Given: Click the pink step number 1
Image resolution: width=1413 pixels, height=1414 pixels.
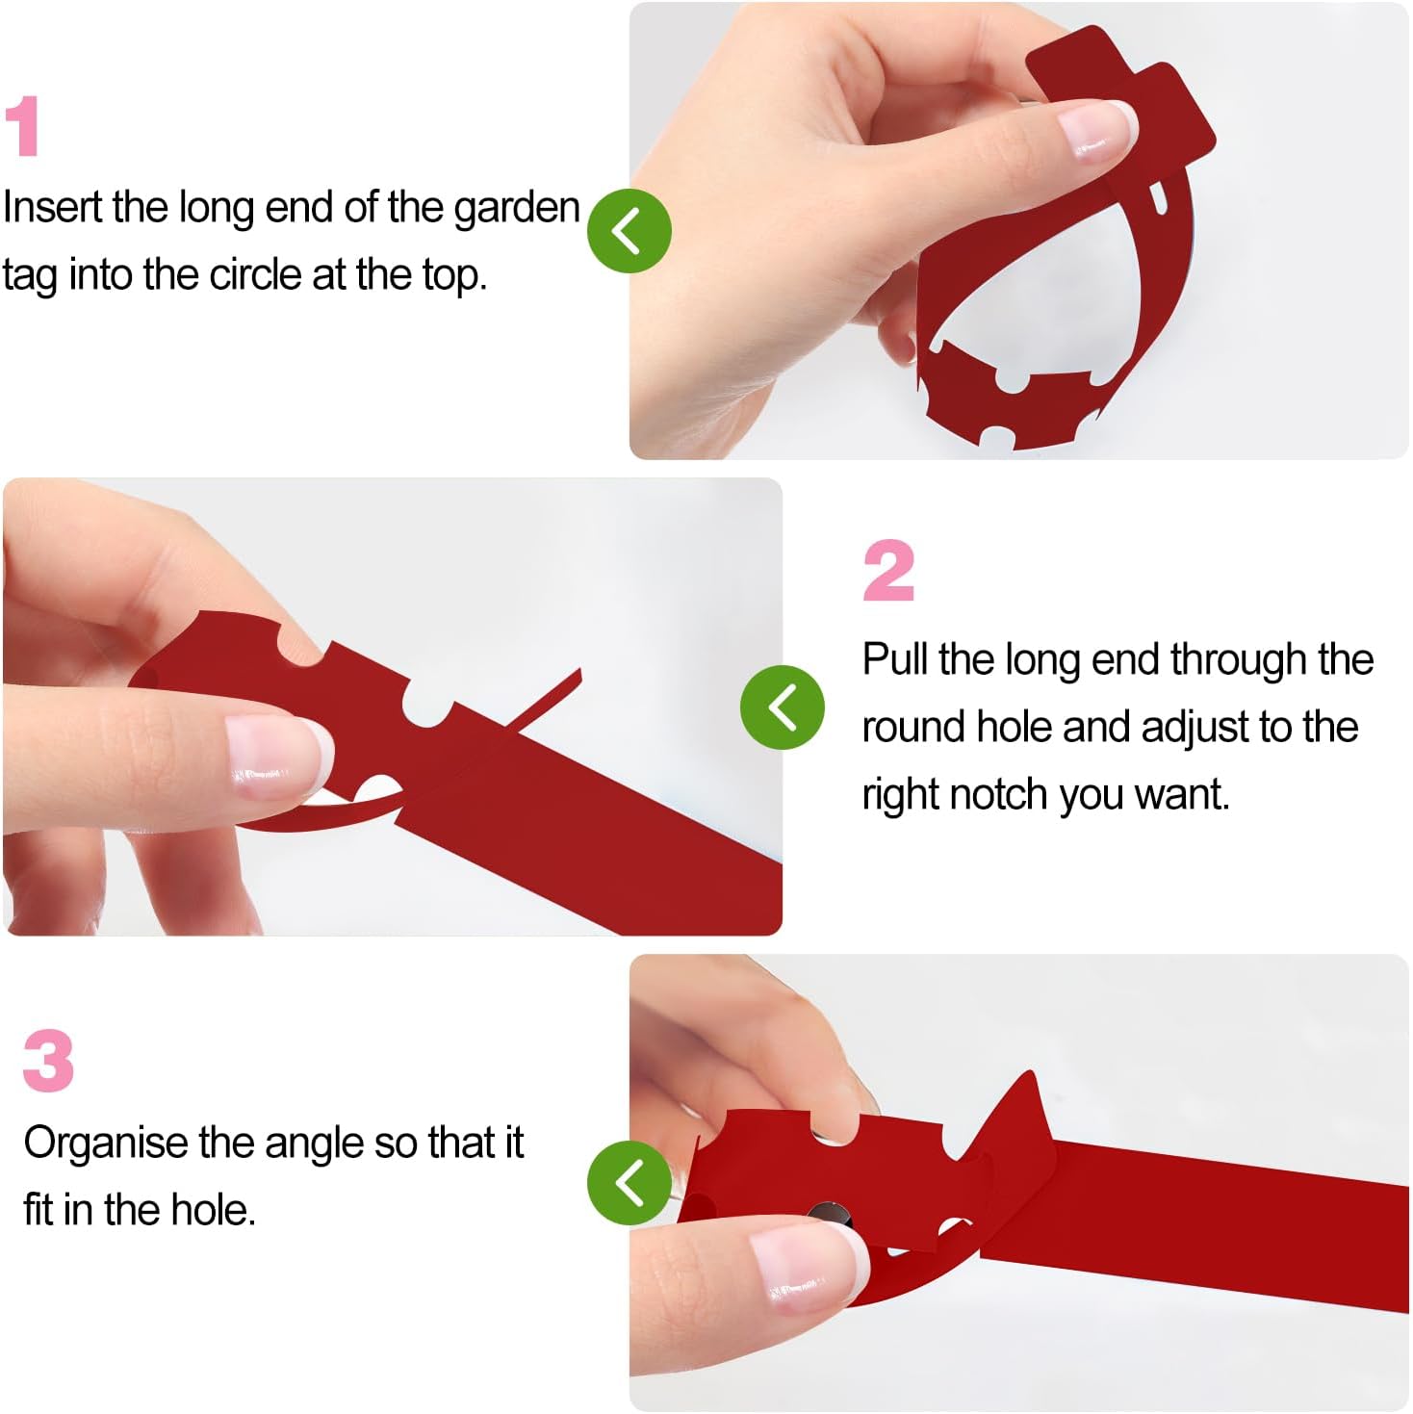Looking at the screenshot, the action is (x=22, y=125).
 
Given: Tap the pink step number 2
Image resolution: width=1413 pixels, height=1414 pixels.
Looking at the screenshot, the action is (x=888, y=570).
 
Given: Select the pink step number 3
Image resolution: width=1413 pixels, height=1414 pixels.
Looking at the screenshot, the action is (x=48, y=1061).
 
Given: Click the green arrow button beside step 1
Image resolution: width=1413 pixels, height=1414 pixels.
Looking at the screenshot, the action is (x=629, y=231).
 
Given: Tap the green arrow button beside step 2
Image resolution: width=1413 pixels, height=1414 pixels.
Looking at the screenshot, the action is (x=783, y=707).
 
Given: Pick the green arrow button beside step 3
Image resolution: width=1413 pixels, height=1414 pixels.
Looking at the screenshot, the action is (x=629, y=1182).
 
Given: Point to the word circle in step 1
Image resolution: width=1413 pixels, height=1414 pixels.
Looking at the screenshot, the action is (x=255, y=275).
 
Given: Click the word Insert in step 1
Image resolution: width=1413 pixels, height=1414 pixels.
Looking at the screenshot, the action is (x=53, y=207).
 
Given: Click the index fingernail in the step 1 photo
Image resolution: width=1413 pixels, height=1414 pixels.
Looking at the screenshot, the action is (x=1096, y=130).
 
